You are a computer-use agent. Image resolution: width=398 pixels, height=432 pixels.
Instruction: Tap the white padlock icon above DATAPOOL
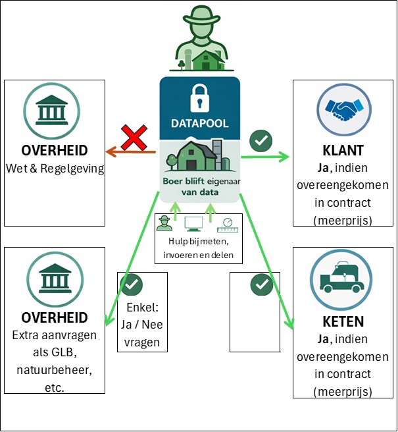pyautogui.click(x=199, y=97)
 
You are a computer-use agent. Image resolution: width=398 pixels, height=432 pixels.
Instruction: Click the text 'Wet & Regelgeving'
pyautogui.click(x=55, y=169)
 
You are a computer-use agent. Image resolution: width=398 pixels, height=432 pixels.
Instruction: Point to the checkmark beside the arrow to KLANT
pyautogui.click(x=261, y=140)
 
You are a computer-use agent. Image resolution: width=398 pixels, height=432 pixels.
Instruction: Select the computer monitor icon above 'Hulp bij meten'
pyautogui.click(x=194, y=225)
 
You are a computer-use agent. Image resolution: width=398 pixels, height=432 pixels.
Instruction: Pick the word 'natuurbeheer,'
pyautogui.click(x=55, y=370)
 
